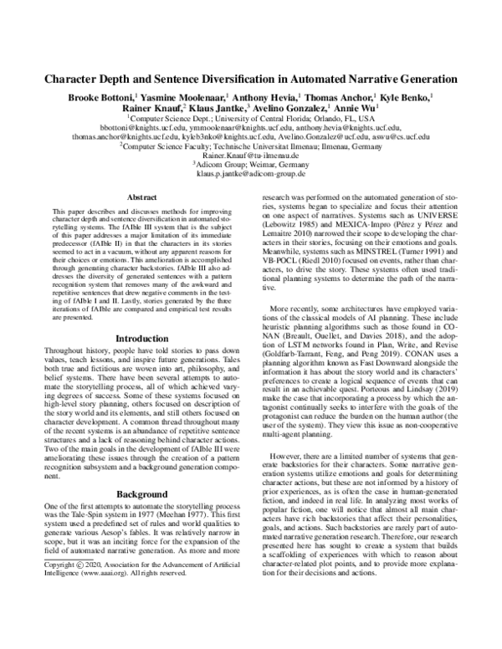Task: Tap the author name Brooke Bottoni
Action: click(105, 98)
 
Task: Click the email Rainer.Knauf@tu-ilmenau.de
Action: click(250, 156)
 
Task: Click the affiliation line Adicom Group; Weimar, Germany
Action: click(250, 166)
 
